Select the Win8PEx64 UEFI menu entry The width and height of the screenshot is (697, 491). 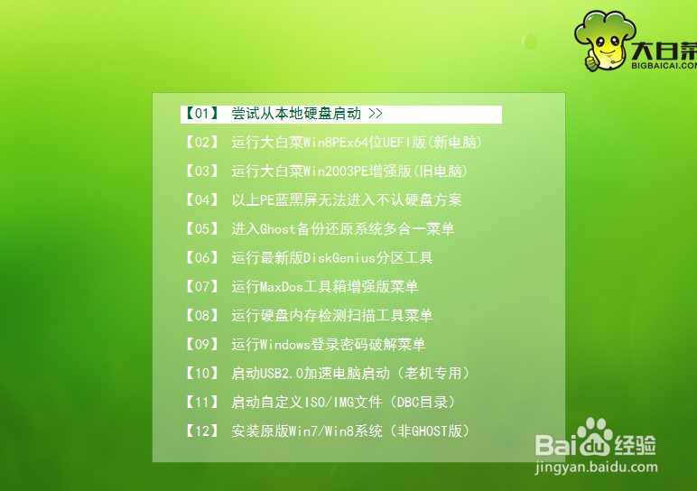pos(356,143)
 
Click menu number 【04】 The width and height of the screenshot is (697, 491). pos(201,200)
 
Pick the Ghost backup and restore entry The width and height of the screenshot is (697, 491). pos(342,229)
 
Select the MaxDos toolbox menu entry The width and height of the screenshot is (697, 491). pos(324,287)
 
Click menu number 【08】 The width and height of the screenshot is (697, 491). pos(201,316)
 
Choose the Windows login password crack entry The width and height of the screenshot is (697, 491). pos(328,345)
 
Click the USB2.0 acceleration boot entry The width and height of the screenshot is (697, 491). pos(350,374)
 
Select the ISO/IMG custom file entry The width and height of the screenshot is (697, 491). pos(343,403)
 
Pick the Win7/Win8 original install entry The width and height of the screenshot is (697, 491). pos(350,431)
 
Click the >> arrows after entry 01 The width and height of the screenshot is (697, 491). pos(376,114)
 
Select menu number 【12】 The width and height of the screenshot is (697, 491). pos(201,431)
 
